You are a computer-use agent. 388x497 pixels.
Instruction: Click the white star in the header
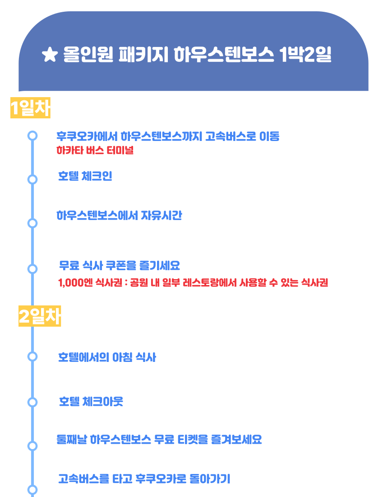[50, 55]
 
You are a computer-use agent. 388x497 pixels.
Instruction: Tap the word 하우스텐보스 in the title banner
[224, 54]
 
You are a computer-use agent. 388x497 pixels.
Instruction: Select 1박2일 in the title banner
[305, 54]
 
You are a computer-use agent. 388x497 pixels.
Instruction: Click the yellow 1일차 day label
[30, 108]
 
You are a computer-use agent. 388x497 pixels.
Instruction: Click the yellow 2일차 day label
[40, 316]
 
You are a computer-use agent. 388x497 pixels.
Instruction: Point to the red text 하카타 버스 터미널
[95, 150]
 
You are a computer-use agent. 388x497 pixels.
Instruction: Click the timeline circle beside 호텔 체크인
[32, 179]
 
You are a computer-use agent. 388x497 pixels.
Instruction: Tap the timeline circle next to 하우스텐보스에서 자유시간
[32, 223]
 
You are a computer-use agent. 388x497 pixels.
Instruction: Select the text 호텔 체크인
[85, 176]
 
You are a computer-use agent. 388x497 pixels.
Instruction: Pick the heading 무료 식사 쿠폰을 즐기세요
[120, 265]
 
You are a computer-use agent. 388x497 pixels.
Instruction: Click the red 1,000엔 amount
[75, 282]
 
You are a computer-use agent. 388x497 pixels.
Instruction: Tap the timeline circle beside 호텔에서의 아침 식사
[32, 356]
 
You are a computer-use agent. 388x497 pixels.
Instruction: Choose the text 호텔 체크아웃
[91, 402]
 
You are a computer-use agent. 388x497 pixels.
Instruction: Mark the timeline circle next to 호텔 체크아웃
[32, 402]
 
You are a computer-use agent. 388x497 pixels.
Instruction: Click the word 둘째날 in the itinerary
[72, 439]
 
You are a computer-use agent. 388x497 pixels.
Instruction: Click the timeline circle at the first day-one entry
[32, 136]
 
